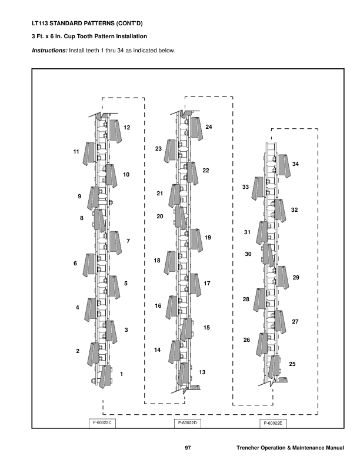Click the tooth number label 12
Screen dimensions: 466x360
click(126, 128)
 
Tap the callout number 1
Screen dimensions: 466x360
click(121, 374)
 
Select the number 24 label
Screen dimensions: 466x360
click(208, 127)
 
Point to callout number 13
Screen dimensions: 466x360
click(202, 372)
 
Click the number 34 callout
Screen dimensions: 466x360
click(295, 164)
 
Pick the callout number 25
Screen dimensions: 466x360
click(292, 365)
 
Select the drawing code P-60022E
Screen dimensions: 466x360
click(274, 423)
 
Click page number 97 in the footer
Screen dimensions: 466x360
click(188, 450)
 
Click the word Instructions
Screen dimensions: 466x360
click(49, 51)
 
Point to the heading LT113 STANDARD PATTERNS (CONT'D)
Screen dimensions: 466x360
click(87, 24)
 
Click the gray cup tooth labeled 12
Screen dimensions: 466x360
click(115, 131)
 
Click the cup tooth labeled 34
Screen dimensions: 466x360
click(283, 165)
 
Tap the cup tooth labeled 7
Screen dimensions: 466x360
click(115, 242)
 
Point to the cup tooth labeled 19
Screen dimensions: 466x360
click(196, 239)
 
